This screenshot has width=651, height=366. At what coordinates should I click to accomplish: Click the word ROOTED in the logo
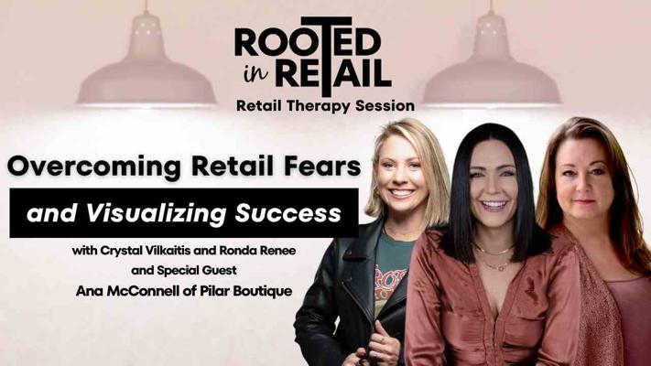coord(308,41)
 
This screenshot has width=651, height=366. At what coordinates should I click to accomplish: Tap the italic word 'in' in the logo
coord(256,72)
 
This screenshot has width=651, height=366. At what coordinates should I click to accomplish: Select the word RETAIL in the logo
coord(333,73)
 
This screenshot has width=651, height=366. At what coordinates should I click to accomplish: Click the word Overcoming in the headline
coord(93,167)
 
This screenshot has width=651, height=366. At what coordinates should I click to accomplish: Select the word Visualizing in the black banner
coord(156,213)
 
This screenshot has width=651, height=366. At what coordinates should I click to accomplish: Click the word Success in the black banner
coord(288,213)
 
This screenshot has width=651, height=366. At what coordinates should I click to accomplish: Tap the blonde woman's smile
coord(401,192)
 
